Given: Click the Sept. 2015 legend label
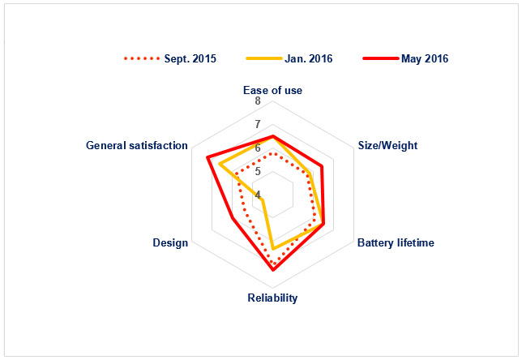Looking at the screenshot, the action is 190,58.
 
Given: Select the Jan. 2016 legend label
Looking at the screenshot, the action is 309,58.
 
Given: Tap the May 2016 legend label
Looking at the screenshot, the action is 425,58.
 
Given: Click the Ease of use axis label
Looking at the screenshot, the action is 272,90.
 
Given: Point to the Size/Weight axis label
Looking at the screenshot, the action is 387,145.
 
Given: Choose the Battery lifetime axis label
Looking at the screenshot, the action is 396,242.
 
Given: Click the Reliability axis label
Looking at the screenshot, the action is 272,298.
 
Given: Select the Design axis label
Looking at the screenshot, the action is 170,242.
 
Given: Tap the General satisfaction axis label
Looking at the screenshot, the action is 137,145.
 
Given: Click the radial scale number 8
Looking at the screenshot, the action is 258,101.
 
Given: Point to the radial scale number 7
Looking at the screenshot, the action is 258,124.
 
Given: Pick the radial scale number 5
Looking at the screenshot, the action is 258,172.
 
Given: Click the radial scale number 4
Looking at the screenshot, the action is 258,195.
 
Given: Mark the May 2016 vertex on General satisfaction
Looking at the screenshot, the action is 207,156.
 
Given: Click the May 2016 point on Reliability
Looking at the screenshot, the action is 273,270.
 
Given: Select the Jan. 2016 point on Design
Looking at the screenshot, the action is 263,200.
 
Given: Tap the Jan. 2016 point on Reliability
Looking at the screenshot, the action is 273,249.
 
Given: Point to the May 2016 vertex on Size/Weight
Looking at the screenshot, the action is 322,166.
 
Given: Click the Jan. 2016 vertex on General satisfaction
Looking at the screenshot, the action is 220,164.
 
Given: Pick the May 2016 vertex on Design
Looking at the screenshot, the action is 233,218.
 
